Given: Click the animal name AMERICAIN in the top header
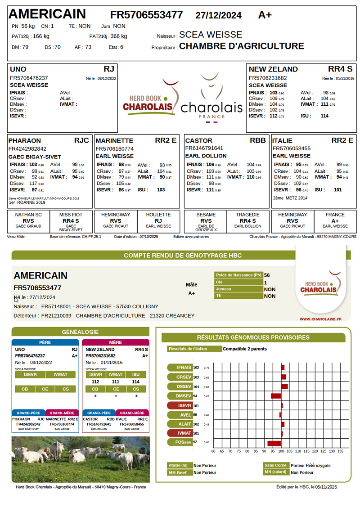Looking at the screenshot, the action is point(47,14).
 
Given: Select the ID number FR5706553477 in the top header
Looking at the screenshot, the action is point(147,15).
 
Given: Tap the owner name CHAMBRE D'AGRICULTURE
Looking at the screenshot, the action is point(242,46).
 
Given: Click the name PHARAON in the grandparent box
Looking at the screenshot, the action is point(25,140).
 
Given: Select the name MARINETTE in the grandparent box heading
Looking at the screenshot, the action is point(115,140).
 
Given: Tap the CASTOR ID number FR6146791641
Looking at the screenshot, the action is point(204,148).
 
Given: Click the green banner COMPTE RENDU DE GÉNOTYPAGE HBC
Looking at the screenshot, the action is point(183,256).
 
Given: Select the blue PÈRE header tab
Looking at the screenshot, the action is point(45,342).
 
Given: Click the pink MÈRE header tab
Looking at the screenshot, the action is point(116,342).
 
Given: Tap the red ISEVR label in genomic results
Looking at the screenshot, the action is point(180,405).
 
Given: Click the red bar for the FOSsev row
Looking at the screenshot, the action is point(274,443).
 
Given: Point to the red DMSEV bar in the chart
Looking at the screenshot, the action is point(276,396).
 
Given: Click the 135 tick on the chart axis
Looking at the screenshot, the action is point(340,451).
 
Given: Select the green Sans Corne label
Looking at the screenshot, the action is point(276,465).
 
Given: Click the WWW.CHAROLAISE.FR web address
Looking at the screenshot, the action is point(320,319).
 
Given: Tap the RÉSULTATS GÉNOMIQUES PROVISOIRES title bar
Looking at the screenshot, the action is point(253,337).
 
